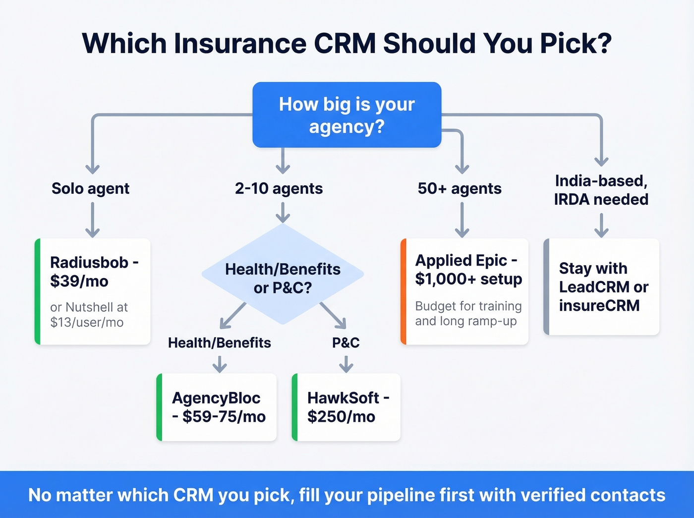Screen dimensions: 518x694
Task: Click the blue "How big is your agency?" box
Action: pyautogui.click(x=347, y=115)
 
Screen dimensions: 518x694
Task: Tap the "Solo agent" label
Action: pyautogui.click(x=90, y=188)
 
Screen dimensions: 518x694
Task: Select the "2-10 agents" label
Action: pyautogui.click(x=279, y=188)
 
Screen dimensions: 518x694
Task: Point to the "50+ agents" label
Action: pyautogui.click(x=460, y=188)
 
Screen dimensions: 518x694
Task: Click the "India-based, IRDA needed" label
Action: pyautogui.click(x=601, y=190)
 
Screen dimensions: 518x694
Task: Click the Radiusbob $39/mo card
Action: pyautogui.click(x=93, y=291)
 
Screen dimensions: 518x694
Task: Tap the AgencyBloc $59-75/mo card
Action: pyautogui.click(x=217, y=407)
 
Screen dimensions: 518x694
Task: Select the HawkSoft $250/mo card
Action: pyautogui.click(x=347, y=407)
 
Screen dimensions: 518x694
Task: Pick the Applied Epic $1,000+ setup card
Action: pyautogui.click(x=465, y=291)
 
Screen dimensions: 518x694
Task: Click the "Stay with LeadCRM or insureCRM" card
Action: pyautogui.click(x=602, y=287)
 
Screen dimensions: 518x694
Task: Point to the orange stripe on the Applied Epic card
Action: pyautogui.click(x=404, y=291)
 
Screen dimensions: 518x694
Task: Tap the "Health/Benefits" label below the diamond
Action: pyautogui.click(x=219, y=343)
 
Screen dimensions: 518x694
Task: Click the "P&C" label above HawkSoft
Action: pyautogui.click(x=346, y=343)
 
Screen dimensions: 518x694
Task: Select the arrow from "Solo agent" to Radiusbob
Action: pyautogui.click(x=93, y=220)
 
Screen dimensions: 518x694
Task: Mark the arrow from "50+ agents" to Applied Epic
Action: pyautogui.click(x=462, y=220)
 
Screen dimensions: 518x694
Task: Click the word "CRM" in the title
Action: pyautogui.click(x=345, y=44)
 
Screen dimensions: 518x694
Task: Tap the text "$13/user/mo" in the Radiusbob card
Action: pyautogui.click(x=87, y=322)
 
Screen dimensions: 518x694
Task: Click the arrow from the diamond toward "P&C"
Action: pyautogui.click(x=333, y=315)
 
